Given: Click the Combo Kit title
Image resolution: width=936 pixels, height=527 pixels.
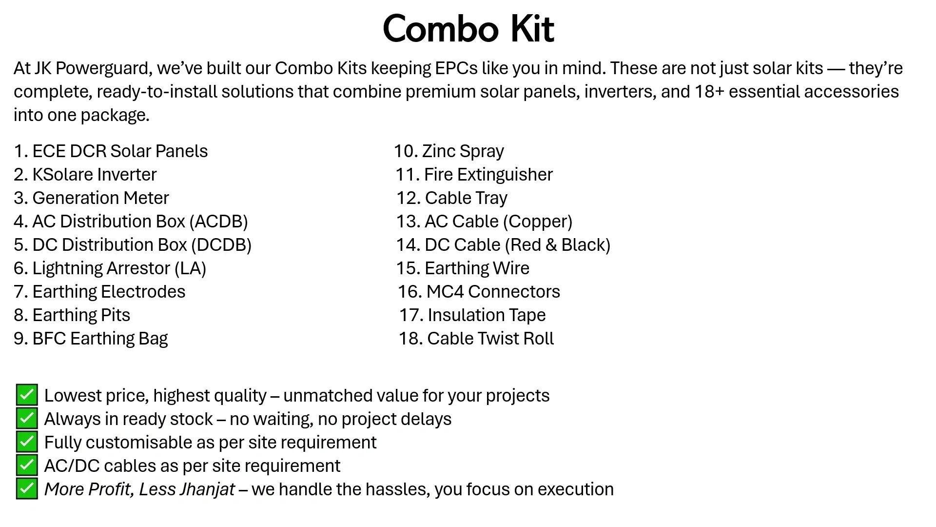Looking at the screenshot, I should tap(468, 29).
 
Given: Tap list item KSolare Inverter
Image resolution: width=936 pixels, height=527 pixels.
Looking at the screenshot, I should tap(94, 175).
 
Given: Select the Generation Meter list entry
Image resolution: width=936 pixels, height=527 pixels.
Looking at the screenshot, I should tap(100, 198).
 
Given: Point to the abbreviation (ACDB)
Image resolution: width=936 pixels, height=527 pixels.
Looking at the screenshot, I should tap(218, 222).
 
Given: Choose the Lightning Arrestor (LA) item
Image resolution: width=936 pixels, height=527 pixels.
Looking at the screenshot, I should tap(119, 268).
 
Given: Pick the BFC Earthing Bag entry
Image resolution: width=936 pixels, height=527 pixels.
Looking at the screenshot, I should tap(99, 339).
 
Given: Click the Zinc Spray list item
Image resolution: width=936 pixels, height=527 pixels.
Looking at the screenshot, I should tap(462, 151).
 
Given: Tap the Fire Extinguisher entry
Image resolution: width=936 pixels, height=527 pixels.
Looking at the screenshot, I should tap(488, 175).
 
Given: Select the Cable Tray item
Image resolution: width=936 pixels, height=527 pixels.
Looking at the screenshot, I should tap(466, 198).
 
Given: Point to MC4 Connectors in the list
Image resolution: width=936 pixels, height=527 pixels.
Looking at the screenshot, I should tap(493, 292).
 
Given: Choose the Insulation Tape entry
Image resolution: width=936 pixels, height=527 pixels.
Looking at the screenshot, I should tap(486, 315).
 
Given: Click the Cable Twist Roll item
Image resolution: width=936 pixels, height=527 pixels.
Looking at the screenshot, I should tap(490, 339).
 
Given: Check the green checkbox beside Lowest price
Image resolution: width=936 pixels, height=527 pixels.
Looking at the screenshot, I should tap(27, 395).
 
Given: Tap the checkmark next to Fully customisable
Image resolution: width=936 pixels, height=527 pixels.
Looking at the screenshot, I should tap(27, 442).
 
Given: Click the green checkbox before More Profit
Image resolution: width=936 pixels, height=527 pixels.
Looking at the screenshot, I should tap(27, 488).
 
